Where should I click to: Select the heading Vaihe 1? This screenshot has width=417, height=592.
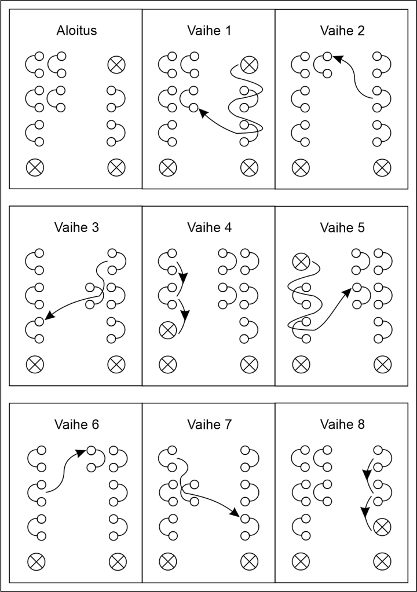coord(209,31)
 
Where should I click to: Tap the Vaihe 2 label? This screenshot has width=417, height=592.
coord(342,31)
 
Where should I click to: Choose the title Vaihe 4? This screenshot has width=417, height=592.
coord(209,227)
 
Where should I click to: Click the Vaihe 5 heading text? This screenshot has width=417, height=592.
coord(342,227)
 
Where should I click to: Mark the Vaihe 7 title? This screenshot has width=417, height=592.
coord(209,424)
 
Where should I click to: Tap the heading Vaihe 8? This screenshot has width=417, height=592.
coord(342,424)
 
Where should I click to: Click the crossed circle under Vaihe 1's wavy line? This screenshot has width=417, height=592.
coord(249,64)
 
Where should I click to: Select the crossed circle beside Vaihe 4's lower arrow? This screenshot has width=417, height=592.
coord(168,330)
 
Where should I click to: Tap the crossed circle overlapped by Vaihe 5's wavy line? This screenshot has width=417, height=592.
coord(301,261)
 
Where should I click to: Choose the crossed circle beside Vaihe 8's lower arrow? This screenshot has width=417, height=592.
coord(381,527)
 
